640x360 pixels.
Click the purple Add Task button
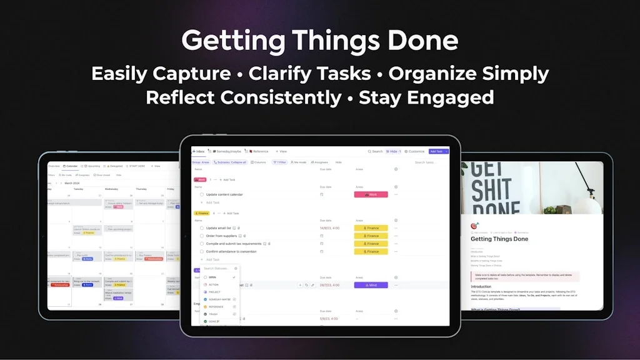click(x=437, y=151)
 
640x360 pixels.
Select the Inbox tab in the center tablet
click(x=199, y=151)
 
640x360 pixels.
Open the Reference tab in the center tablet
click(x=259, y=151)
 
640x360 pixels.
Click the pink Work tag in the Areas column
click(x=371, y=194)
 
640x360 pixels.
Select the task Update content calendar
click(x=224, y=194)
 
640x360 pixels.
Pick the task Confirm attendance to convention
click(x=231, y=251)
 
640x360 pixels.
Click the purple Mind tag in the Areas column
click(x=371, y=285)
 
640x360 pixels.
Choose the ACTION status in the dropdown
click(x=214, y=284)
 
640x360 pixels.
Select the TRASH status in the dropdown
click(x=213, y=314)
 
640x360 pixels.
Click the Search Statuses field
click(x=217, y=268)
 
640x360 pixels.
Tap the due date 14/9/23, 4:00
click(x=329, y=228)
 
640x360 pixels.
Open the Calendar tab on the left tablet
click(x=72, y=166)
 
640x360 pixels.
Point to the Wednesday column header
click(x=112, y=189)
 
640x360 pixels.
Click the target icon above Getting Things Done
click(x=474, y=226)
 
